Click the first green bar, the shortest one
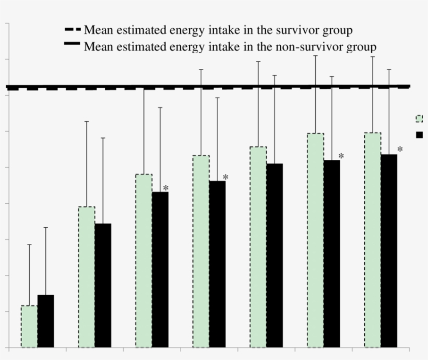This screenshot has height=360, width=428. tap(29, 327)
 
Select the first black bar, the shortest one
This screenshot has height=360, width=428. tap(45, 321)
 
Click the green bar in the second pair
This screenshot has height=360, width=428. tap(87, 277)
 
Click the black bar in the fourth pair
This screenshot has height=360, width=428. tap(217, 264)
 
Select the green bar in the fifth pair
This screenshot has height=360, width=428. tap(258, 247)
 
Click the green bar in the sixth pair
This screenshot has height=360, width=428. tap(315, 240)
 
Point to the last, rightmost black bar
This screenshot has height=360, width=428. tap(389, 251)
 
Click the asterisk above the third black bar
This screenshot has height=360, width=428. tap(165, 188)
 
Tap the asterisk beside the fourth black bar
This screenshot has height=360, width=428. tap(225, 178)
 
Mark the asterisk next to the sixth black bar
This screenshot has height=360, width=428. tap(341, 156)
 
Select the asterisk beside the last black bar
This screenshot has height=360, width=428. tap(400, 150)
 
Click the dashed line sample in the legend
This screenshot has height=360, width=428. tap(72, 30)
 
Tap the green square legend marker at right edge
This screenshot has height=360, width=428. tap(419, 119)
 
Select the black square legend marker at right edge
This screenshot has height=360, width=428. tap(419, 135)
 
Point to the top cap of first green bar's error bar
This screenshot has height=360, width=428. tap(29, 245)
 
